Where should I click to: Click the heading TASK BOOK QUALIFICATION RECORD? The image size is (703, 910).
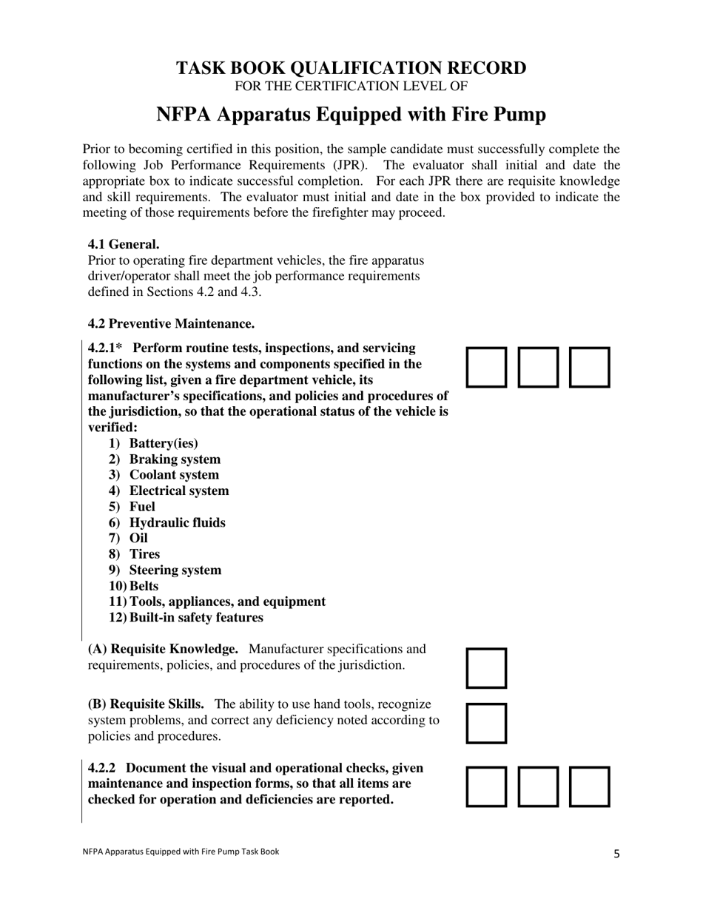pos(351,68)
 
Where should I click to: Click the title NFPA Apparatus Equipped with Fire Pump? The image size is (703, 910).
pos(351,115)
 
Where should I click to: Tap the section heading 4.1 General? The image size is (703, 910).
pos(124,244)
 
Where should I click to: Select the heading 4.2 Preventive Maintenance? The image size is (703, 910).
pos(171,323)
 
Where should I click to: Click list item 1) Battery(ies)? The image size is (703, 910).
pos(153,443)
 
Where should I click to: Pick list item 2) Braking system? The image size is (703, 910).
pos(164,459)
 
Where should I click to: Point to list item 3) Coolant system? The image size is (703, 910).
pos(164,475)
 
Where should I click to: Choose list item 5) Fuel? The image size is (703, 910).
pos(132,507)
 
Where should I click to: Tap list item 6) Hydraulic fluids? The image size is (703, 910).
pos(167,522)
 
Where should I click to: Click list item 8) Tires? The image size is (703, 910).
pos(135,554)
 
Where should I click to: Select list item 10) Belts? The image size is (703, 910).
pos(134,586)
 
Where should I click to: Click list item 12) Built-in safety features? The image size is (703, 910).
pos(186,617)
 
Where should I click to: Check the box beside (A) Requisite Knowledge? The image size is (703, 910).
pos(486,668)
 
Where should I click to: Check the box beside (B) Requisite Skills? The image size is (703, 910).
pos(486,723)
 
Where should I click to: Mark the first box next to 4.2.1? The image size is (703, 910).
pos(486,367)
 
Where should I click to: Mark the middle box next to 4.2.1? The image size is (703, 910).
pos(538,367)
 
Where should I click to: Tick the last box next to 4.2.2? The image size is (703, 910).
pos(589,786)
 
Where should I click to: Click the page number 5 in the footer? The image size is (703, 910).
pos(616,853)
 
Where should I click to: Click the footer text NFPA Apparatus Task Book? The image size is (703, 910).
pos(181,852)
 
